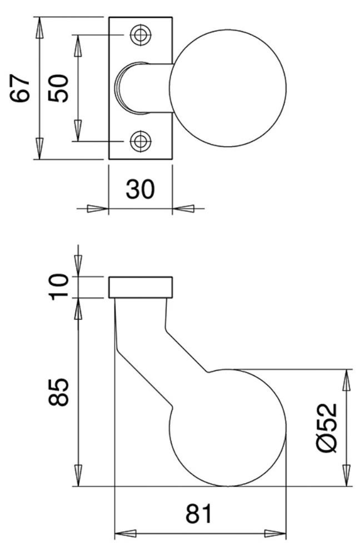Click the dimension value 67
(x=20, y=88)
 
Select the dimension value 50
(x=58, y=88)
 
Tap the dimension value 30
(x=141, y=189)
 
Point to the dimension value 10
(x=58, y=287)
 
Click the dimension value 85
(x=58, y=392)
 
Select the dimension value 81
(x=198, y=514)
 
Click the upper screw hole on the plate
(x=141, y=34)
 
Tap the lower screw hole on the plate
(x=141, y=141)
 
